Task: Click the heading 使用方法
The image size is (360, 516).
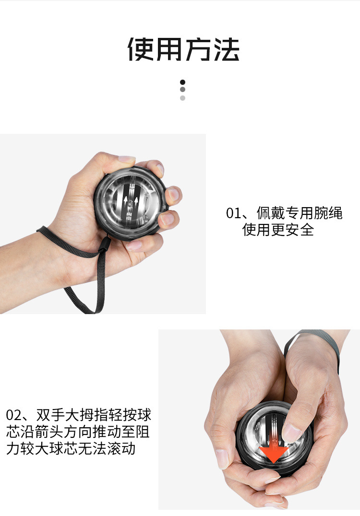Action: (183, 49)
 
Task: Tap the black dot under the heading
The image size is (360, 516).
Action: (182, 82)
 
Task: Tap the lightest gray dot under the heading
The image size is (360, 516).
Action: (182, 98)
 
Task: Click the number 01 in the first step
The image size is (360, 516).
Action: (233, 213)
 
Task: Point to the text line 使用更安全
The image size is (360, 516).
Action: (278, 230)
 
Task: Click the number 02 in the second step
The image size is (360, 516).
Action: (13, 415)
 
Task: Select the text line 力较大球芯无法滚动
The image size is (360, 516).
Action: (71, 448)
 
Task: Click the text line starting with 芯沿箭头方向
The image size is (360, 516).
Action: (78, 432)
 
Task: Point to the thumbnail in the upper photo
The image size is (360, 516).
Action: (127, 159)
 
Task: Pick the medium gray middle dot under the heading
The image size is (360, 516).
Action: (182, 90)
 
